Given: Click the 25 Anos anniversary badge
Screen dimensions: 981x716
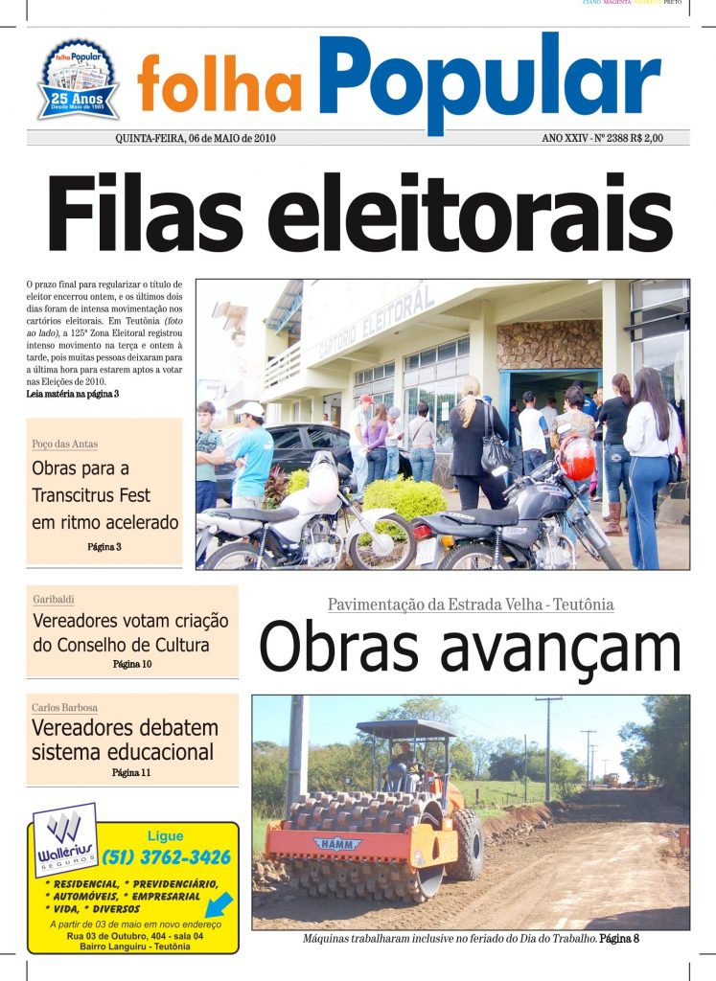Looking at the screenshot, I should (x=79, y=80).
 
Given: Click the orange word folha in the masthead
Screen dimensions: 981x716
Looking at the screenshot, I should (x=220, y=84).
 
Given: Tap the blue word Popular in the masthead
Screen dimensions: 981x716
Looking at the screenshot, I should (x=489, y=79).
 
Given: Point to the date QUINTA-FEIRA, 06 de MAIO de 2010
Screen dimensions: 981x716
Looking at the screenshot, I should (x=196, y=138).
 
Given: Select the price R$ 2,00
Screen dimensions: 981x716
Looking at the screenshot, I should (x=642, y=138).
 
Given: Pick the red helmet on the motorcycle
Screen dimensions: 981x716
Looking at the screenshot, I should (x=578, y=460).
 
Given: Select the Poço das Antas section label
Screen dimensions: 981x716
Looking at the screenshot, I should (x=64, y=445).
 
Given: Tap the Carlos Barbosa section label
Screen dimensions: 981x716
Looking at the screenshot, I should (x=64, y=707).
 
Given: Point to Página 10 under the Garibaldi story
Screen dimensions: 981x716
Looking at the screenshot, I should (x=132, y=664).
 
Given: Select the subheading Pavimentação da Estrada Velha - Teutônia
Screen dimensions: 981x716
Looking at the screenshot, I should (x=471, y=605).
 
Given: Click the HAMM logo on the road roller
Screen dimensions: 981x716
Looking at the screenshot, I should (x=338, y=843).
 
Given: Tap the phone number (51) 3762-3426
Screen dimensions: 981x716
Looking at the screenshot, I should (x=167, y=856).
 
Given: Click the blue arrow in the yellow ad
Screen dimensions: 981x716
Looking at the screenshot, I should (x=219, y=902).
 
